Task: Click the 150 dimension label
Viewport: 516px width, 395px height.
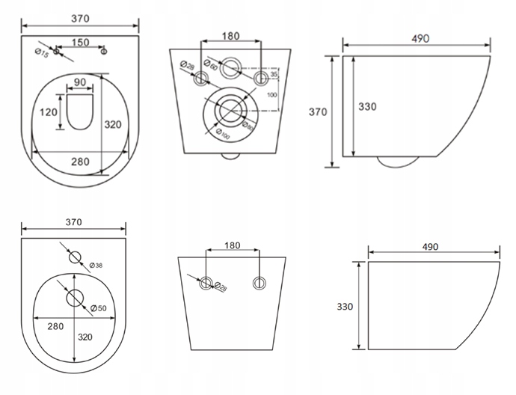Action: coord(81,42)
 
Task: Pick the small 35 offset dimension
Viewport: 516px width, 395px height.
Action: coord(274,75)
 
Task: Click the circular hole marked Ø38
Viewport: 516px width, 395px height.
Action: coord(74,258)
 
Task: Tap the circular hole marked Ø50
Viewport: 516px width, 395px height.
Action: coord(74,298)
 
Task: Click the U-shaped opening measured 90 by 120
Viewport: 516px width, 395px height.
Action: coord(79,111)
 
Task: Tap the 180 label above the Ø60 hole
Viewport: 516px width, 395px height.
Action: coord(231,37)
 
